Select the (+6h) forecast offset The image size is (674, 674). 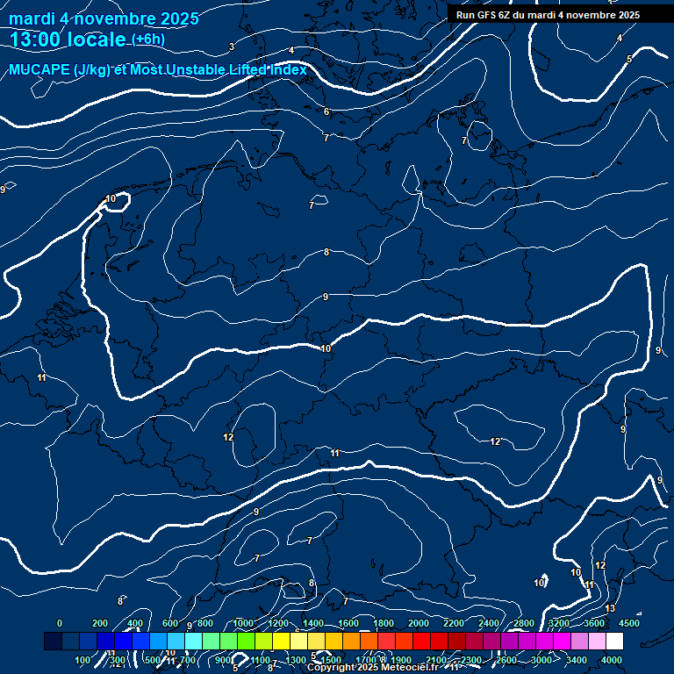[x=148, y=39]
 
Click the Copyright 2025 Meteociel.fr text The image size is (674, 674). [x=371, y=668]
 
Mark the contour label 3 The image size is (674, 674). [x=232, y=47]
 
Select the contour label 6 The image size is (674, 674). [x=326, y=111]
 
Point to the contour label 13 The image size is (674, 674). [x=611, y=608]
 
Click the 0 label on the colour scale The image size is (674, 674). [x=60, y=623]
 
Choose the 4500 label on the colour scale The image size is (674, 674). [x=629, y=623]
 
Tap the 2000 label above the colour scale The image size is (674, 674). [x=419, y=623]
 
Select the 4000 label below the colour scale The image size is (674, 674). [x=613, y=660]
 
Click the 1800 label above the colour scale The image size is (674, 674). [x=384, y=623]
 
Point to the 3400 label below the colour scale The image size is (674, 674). [x=577, y=660]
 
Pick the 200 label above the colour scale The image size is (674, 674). [x=100, y=623]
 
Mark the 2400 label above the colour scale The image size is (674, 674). [x=489, y=623]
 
